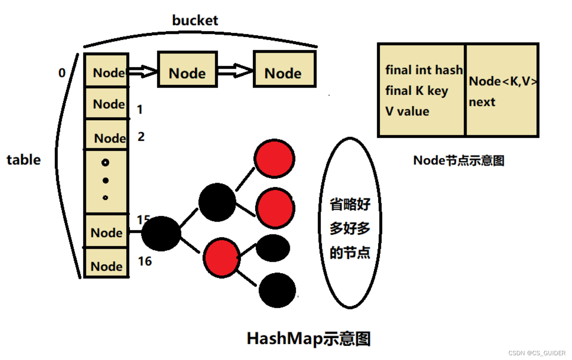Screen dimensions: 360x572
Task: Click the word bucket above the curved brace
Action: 195,20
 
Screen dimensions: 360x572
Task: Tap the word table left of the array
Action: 24,160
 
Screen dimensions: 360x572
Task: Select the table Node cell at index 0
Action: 106,71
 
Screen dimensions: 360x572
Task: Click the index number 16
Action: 145,261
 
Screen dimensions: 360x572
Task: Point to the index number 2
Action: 141,137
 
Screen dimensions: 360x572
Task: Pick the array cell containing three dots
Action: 106,181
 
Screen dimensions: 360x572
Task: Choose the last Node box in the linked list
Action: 284,69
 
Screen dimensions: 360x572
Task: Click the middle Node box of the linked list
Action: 187,70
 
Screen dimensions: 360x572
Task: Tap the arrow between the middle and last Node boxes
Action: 235,70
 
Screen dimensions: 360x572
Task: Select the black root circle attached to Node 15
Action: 161,234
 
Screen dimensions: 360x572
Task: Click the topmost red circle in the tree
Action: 274,159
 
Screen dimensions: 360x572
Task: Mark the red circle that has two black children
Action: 222,257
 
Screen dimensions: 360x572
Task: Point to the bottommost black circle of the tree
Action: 277,290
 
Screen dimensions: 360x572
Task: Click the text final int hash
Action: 423,70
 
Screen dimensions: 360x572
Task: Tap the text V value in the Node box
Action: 407,111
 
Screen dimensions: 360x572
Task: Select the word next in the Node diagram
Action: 482,102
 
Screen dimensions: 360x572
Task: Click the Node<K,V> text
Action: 503,81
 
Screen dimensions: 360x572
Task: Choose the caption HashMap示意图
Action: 308,339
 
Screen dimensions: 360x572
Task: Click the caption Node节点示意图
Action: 459,161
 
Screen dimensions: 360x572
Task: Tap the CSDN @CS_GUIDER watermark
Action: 537,353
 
